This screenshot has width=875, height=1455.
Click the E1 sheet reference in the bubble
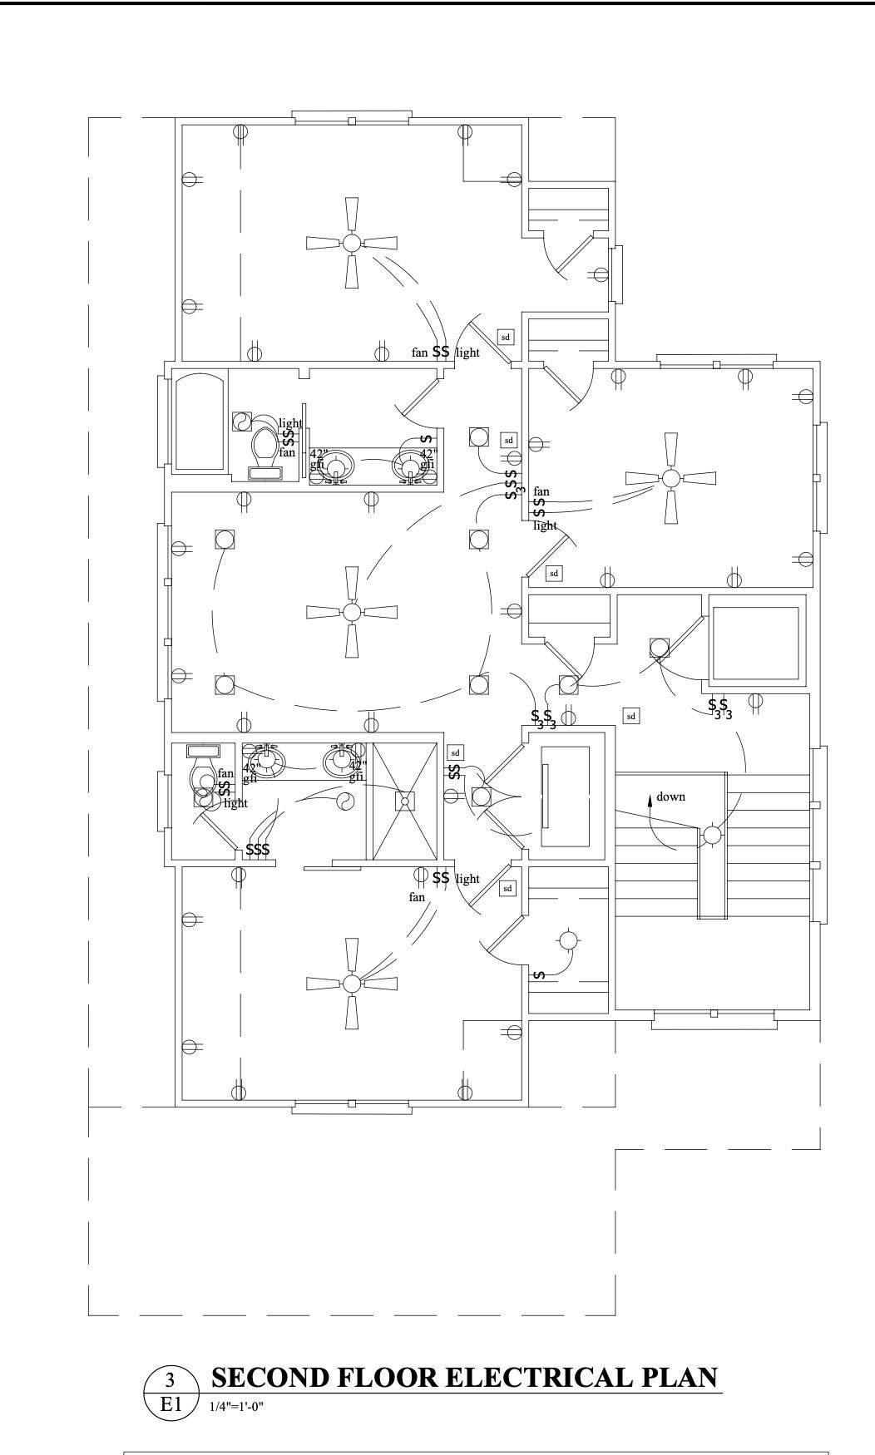(x=171, y=1404)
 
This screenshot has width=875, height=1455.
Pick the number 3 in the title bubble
(x=171, y=1380)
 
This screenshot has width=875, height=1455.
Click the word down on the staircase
(x=670, y=797)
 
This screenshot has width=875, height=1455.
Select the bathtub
(x=199, y=421)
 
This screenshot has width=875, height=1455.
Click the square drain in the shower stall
(x=405, y=801)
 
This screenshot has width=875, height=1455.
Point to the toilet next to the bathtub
(x=265, y=446)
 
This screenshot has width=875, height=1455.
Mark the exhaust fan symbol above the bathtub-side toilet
(x=241, y=421)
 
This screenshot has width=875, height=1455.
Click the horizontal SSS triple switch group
(x=258, y=850)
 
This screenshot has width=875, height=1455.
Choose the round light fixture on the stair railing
(x=713, y=835)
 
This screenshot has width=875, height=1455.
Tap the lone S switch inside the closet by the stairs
(x=539, y=974)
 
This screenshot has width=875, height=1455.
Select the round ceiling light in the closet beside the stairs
(x=568, y=940)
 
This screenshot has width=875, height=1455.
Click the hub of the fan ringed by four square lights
(x=352, y=612)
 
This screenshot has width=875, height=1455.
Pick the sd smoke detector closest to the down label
(x=631, y=716)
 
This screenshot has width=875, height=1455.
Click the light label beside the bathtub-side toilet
(x=290, y=423)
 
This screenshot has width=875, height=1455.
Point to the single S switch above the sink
(x=425, y=438)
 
